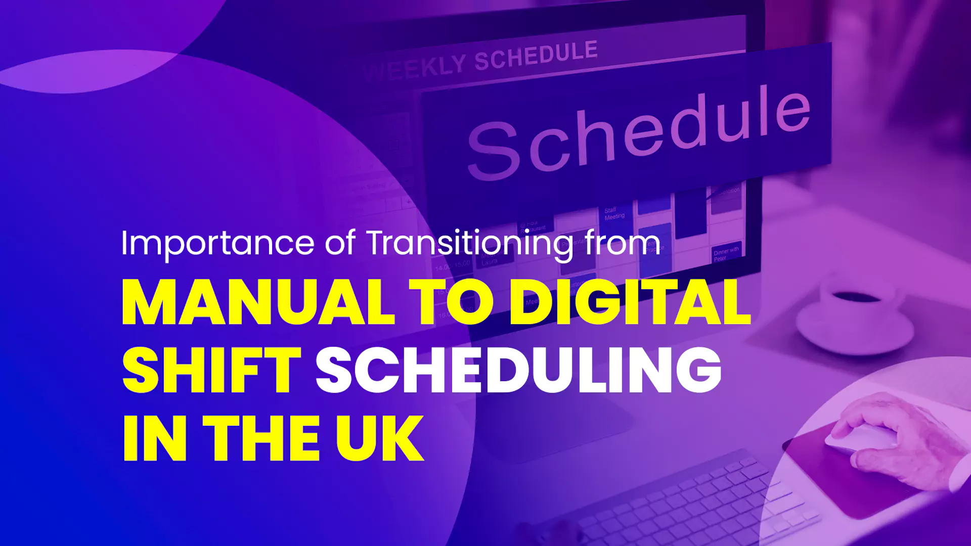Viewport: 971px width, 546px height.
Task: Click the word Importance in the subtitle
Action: click(x=217, y=244)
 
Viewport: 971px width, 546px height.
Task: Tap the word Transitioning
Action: click(x=470, y=244)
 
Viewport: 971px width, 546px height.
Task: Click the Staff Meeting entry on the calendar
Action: click(x=614, y=213)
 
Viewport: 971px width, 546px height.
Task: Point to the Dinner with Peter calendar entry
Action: click(x=726, y=254)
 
